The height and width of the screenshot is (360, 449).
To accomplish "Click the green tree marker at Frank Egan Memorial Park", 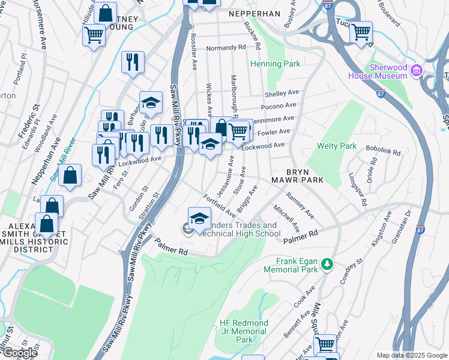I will pyautogui.click(x=327, y=264).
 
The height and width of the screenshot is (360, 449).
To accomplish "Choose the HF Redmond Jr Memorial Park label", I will pyautogui.click(x=244, y=331).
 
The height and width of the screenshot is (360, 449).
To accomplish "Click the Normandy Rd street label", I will pyautogui.click(x=226, y=48).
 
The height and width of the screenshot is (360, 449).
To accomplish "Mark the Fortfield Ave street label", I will pyautogui.click(x=219, y=205).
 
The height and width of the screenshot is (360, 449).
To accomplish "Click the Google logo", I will pyautogui.click(x=19, y=353).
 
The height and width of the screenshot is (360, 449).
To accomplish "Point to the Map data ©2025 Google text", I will pyautogui.click(x=412, y=355).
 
